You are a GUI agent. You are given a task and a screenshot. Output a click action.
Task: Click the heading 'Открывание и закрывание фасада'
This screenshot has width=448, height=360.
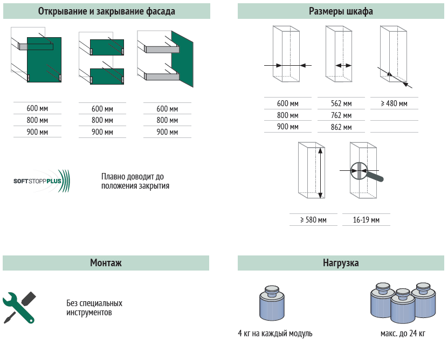click(x=106, y=11)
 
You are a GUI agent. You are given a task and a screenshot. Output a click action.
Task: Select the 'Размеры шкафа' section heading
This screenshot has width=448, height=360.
click(x=341, y=11)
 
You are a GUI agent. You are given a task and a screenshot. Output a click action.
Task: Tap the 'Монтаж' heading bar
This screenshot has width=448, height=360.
click(x=106, y=263)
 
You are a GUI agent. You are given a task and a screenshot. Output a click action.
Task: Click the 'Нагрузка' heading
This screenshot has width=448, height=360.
click(x=341, y=263)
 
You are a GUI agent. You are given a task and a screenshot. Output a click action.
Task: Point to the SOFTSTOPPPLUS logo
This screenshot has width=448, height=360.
click(x=41, y=182)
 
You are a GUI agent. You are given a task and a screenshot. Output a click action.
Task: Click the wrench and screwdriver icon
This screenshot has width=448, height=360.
click(x=19, y=307)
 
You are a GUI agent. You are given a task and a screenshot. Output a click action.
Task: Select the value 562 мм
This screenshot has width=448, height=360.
click(x=341, y=103)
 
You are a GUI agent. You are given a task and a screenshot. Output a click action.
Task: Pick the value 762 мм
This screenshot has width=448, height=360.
click(x=341, y=115)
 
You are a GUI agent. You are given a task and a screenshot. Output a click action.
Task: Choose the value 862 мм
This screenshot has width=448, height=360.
click(x=341, y=127)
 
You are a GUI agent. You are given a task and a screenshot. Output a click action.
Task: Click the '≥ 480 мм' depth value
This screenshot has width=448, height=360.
click(x=394, y=103)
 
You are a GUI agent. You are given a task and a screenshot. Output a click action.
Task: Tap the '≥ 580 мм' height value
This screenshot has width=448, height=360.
click(x=313, y=220)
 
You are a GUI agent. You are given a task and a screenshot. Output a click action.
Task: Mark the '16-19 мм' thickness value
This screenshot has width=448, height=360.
click(x=366, y=220)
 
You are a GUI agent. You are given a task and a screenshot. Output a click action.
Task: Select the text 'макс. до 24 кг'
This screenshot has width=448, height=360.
click(x=403, y=334)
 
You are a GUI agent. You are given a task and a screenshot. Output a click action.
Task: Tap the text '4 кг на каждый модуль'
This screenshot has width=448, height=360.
click(x=275, y=334)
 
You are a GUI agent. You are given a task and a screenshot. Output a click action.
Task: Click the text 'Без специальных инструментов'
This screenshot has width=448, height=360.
click(x=94, y=308)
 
